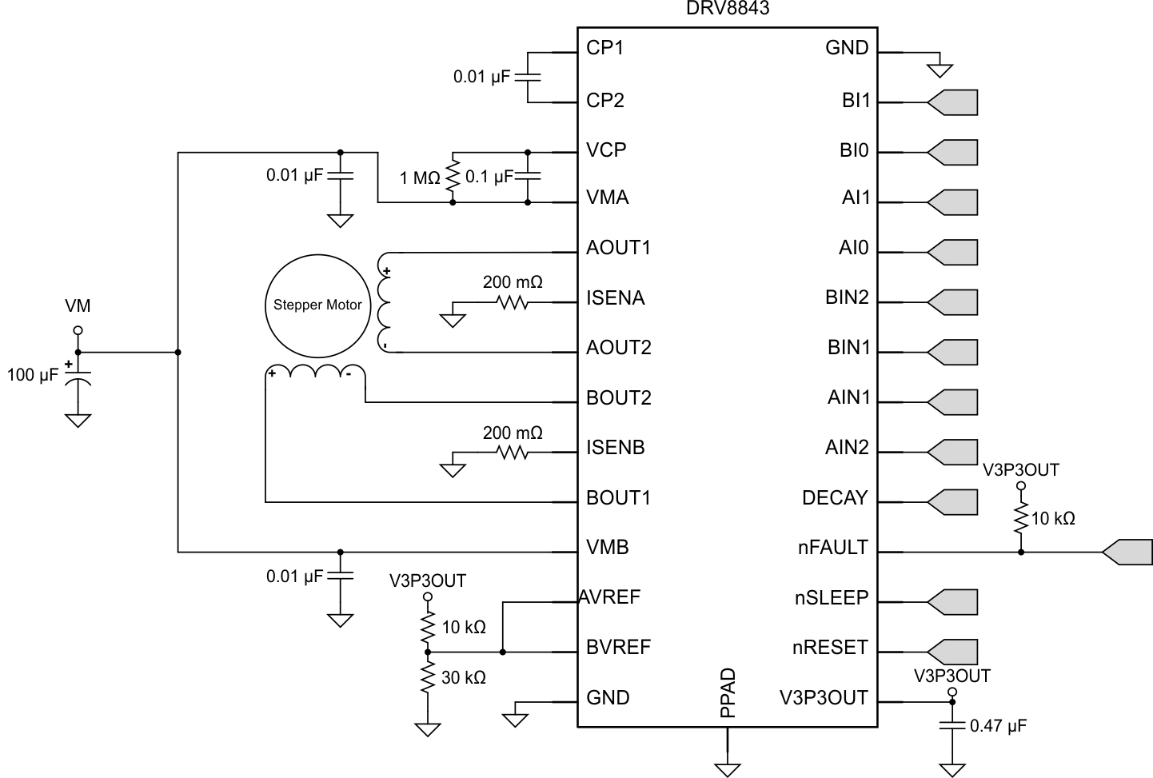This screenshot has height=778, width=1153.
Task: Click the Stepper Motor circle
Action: pos(317,305)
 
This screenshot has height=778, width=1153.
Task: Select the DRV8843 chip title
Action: pos(728,9)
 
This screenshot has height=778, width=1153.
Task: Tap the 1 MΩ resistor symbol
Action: pos(453,177)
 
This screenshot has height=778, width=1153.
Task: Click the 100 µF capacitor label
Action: pos(33,375)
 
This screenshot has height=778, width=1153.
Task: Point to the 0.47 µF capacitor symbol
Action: pos(952,726)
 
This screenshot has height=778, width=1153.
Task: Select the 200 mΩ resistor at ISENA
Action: pos(513,303)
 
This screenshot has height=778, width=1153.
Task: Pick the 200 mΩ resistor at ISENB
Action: pos(513,453)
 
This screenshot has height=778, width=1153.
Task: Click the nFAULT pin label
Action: pos(832,548)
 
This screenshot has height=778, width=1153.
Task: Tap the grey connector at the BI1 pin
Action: pos(953,102)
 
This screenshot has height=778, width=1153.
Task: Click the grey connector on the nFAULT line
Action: pos(1127,552)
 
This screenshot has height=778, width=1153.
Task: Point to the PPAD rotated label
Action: pos(728,693)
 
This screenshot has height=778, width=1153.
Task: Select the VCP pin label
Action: pos(606,150)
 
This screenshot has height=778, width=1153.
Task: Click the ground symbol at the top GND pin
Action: pos(940,70)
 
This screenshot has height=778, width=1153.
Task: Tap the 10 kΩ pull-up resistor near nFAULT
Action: pos(1020,519)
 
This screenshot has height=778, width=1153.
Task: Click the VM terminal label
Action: pos(78,305)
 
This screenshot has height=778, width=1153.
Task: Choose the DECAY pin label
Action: pos(835,497)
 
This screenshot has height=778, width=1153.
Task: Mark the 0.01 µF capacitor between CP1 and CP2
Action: pos(528,78)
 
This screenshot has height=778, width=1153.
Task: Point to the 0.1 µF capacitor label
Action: pos(489,177)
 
